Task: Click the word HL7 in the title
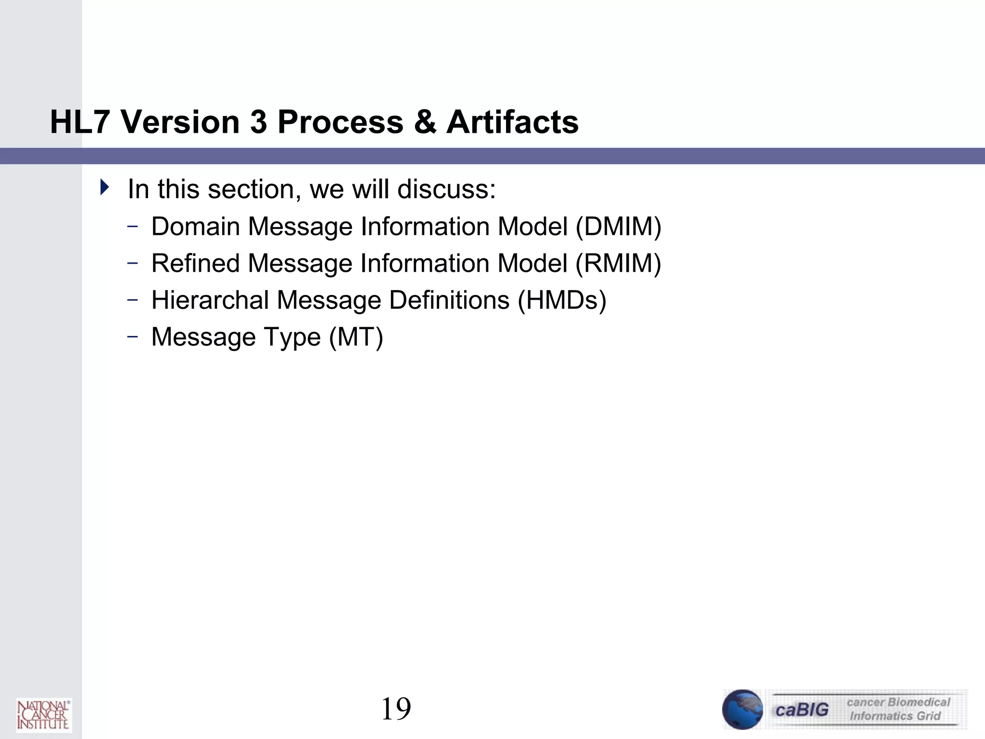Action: pos(80,122)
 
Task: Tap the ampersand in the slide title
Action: pos(425,122)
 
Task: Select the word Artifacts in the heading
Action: pos(512,122)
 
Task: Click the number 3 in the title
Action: pos(258,122)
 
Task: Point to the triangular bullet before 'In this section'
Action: pos(104,187)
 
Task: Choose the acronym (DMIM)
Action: pos(619,226)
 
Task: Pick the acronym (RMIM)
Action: pos(619,263)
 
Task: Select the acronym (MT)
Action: pos(356,337)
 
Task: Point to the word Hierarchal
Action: pos(210,300)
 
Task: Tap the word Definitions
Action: pos(449,300)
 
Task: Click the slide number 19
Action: pos(396,709)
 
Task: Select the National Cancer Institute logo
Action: pos(43,714)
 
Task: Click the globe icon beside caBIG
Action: pos(742,709)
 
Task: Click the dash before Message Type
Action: pos(133,337)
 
